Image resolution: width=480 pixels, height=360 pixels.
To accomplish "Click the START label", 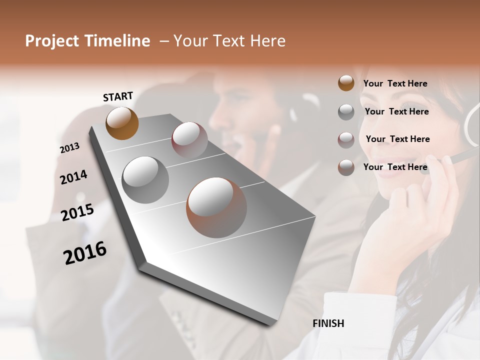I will [x=118, y=96].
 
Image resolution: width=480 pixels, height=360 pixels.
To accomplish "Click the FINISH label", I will [x=328, y=323].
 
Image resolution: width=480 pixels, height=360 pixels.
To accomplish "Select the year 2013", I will [x=69, y=148].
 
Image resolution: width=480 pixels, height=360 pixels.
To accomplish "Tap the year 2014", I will [x=73, y=177].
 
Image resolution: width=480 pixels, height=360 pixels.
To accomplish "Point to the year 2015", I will [x=77, y=212].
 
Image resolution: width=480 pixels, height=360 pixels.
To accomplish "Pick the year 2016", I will [x=85, y=253].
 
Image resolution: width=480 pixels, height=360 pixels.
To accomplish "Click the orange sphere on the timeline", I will [x=122, y=123].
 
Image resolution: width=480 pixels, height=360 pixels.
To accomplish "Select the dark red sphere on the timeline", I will [x=189, y=140].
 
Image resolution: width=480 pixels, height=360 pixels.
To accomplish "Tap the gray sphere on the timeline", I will [x=145, y=180].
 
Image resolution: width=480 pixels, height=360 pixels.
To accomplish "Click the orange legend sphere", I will [x=346, y=83].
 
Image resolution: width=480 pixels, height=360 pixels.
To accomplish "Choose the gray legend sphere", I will [x=346, y=112].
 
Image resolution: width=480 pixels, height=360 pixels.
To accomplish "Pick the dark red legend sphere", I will [x=346, y=140].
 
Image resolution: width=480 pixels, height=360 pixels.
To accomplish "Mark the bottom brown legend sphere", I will [x=346, y=167].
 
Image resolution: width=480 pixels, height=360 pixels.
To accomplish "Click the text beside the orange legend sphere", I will [x=395, y=83].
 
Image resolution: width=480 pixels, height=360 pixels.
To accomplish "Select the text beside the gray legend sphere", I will [x=396, y=111].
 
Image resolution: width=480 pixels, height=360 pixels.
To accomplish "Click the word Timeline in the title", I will [x=117, y=41].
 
